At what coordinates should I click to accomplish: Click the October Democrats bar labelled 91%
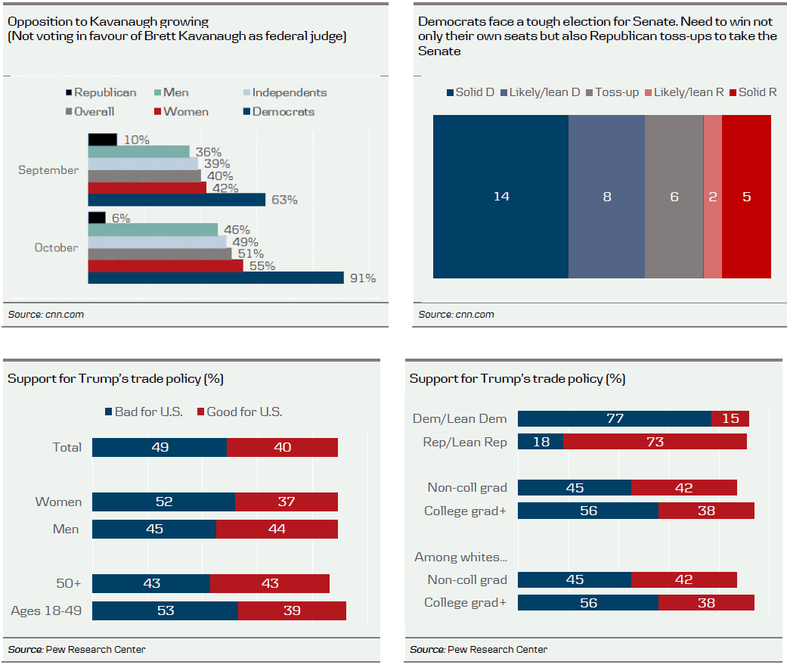(216, 278)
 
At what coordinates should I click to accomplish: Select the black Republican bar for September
(103, 140)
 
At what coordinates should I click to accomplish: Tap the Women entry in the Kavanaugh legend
(181, 112)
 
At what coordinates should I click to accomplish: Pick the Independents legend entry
(283, 93)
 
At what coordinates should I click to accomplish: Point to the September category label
(48, 170)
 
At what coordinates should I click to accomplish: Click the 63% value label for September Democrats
(285, 200)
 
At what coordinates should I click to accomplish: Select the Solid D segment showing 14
(500, 197)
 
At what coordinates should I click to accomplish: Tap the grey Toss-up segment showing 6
(674, 197)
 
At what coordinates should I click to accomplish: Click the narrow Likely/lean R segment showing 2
(713, 197)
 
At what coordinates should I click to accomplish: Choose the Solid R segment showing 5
(746, 197)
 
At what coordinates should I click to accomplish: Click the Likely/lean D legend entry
(539, 92)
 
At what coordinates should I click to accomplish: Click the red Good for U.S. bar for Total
(282, 447)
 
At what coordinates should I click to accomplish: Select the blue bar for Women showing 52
(163, 502)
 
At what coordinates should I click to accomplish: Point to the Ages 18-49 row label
(45, 611)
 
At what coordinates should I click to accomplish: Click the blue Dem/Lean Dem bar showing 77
(615, 418)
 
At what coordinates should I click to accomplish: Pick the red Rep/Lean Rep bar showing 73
(655, 442)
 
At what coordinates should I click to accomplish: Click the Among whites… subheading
(460, 558)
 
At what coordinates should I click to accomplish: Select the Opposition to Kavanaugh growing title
(108, 21)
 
